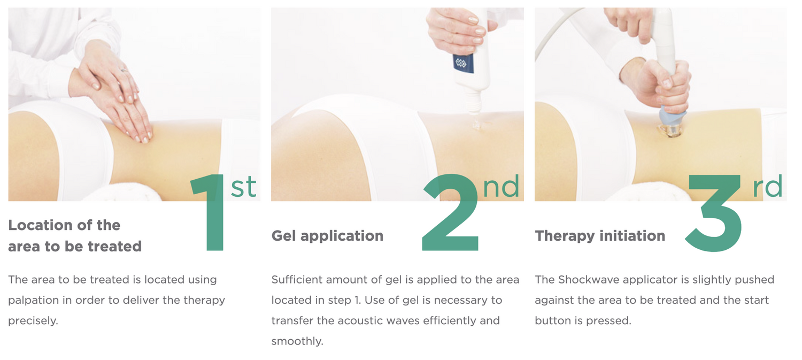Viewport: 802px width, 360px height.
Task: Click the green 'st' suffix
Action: coord(243,187)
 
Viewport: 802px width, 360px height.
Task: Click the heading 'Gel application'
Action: coord(327,236)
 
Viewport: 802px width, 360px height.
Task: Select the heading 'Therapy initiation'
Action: coord(600,236)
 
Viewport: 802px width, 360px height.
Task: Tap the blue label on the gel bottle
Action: coord(464,64)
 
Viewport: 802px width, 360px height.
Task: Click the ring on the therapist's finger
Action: coord(124,71)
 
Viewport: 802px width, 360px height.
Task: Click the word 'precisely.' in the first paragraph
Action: coord(33,320)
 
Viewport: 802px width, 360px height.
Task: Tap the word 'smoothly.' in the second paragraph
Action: coord(297,341)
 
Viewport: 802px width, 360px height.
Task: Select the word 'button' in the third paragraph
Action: coord(553,320)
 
